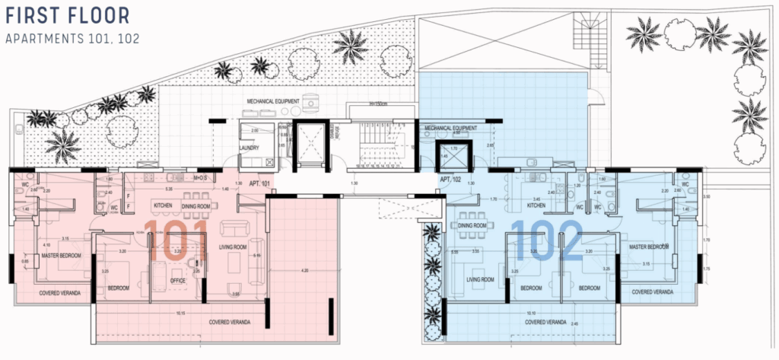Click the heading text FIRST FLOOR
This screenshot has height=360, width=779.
point(67,15)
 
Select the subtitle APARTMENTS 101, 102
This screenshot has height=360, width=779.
point(72,38)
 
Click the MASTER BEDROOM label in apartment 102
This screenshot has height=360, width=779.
point(649,247)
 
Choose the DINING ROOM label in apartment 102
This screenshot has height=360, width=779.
point(472,225)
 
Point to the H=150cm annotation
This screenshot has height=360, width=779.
point(378,104)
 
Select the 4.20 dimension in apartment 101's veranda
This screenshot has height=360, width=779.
point(304,270)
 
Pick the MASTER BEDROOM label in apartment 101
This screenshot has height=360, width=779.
point(62,256)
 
